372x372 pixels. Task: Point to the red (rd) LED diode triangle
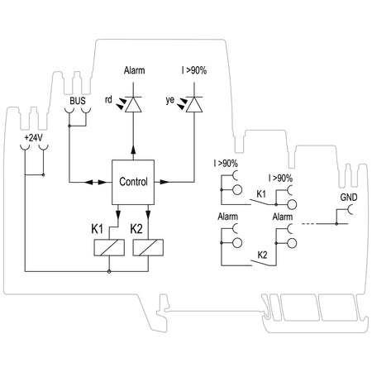coord(133,105)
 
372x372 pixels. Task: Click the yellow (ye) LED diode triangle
coord(194,105)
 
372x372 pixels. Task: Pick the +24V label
coord(34,138)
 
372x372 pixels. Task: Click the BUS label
coord(78,101)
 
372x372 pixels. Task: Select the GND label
coord(349,198)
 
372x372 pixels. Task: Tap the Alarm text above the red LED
coord(134,70)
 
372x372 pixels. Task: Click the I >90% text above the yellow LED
coord(194,70)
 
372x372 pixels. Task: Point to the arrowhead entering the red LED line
coord(133,150)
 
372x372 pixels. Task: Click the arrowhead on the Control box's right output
coord(165,182)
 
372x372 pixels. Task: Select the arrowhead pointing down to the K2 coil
coord(148,214)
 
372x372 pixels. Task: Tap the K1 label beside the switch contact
coord(261,194)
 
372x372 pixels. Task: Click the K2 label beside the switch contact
coord(262,255)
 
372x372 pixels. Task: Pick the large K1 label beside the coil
coord(97,229)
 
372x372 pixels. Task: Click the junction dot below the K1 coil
coord(109,272)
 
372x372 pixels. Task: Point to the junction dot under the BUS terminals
coord(69,126)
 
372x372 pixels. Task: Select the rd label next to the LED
coord(108,99)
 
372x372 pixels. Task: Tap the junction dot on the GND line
coord(336,223)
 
